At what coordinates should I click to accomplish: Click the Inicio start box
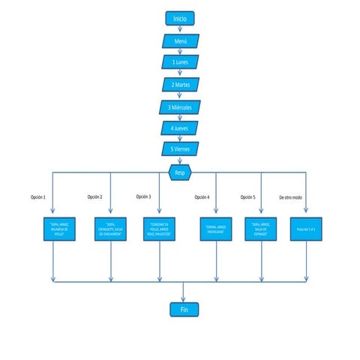(x=180, y=18)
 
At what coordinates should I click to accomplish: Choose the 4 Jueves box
(x=180, y=128)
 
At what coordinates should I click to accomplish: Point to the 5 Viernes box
(x=180, y=149)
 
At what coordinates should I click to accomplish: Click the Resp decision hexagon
(x=180, y=172)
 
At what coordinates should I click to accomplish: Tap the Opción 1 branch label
(x=38, y=197)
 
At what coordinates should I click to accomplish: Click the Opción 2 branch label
(x=94, y=197)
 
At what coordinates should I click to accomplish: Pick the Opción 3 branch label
(x=143, y=196)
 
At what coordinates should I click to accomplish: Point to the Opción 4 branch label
(x=202, y=197)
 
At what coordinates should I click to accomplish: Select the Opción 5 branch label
(x=248, y=197)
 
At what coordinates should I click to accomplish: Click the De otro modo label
(x=291, y=197)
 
